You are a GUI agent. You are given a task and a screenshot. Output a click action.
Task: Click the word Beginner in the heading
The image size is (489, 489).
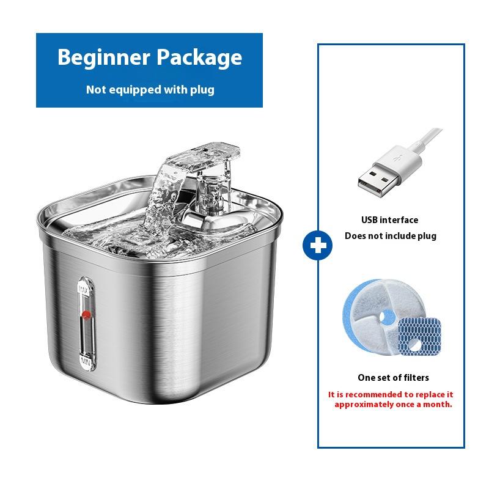tap(104, 57)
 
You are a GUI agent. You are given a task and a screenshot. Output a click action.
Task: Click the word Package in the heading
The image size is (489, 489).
tap(199, 57)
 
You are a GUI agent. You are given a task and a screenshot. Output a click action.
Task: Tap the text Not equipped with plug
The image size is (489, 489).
tap(150, 90)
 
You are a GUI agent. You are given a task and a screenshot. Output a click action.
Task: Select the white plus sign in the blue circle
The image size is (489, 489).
tap(318, 246)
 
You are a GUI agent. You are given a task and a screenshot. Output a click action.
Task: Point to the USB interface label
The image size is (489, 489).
tap(389, 220)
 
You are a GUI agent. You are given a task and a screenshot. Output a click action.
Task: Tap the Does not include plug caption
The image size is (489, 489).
tap(391, 236)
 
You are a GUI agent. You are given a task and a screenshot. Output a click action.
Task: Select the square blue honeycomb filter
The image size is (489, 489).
tap(419, 337)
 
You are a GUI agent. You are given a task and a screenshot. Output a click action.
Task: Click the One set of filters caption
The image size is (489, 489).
tap(393, 378)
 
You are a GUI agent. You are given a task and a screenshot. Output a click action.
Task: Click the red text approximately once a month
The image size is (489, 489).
tap(393, 405)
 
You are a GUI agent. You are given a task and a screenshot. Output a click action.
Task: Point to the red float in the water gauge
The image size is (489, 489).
tap(86, 315)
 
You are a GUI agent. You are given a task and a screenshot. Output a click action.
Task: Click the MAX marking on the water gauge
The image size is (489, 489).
tap(85, 289)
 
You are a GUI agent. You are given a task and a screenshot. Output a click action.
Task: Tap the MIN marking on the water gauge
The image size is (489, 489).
tap(86, 362)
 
